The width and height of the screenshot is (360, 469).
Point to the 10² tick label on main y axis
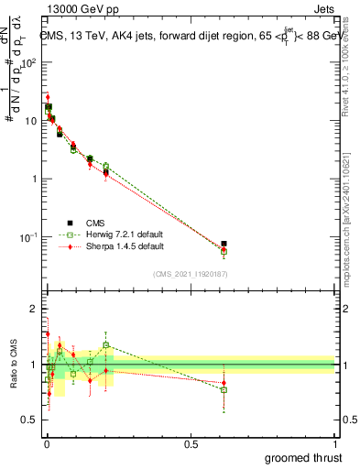pos(30,62)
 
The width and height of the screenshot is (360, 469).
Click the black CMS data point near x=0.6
pos(224,244)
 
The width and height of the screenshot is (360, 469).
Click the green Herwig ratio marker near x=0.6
pos(224,390)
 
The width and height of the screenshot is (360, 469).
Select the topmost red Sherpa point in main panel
pos(48,97)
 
